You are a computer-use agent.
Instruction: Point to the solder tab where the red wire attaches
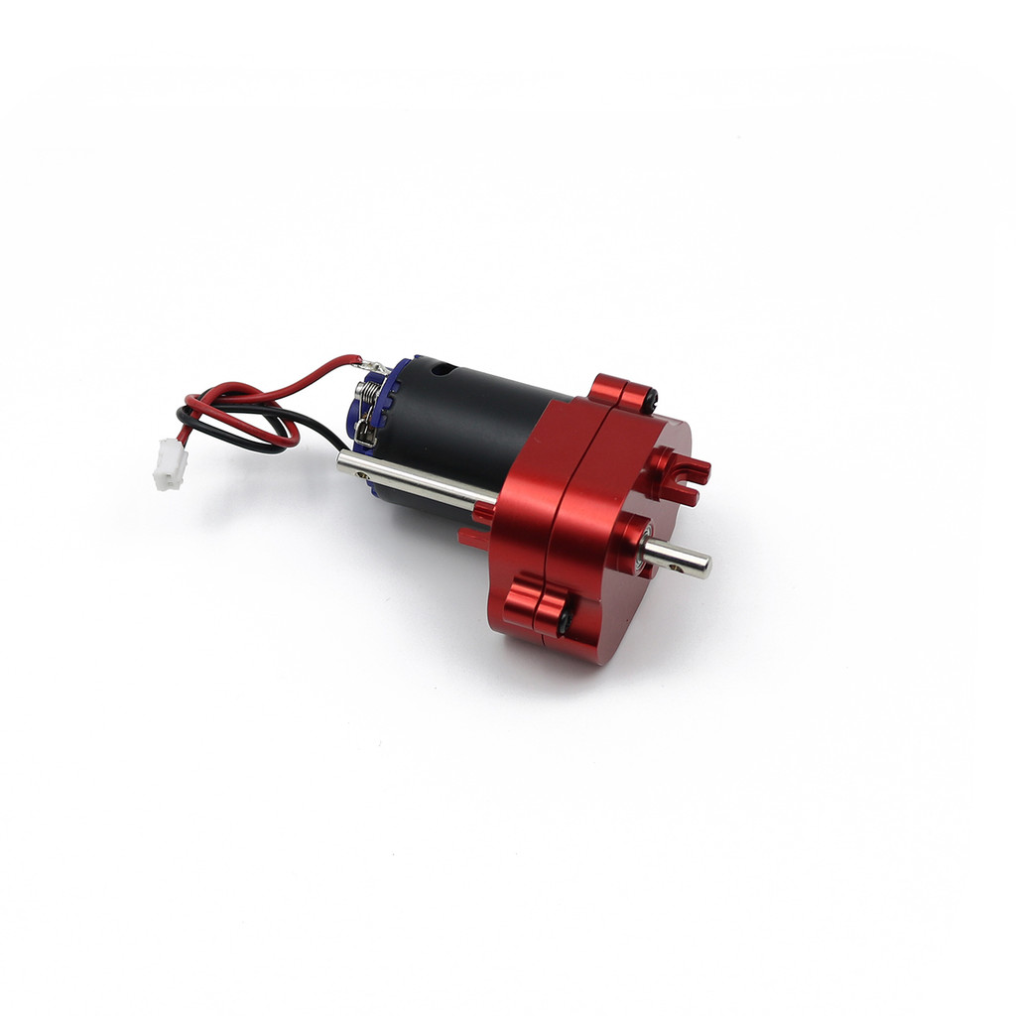[374, 366]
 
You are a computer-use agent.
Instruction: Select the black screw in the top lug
[651, 399]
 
